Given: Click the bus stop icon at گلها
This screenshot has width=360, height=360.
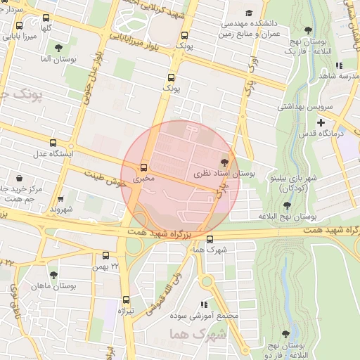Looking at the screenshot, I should [46, 18].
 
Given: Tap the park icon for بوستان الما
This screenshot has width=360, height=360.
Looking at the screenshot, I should [59, 49].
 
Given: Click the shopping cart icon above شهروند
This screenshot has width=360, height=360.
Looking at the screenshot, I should [60, 199].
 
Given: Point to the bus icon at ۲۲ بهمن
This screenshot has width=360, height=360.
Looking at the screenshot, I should [105, 256].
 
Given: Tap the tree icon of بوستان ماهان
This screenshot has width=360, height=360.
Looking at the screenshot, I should [54, 274].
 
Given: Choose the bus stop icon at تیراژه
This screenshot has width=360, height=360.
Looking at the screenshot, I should [126, 300].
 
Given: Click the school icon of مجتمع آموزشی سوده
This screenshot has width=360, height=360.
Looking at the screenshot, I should [204, 304].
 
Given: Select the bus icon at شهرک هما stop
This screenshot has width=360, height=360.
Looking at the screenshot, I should [210, 239].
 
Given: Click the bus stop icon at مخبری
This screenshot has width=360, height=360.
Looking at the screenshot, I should [143, 168].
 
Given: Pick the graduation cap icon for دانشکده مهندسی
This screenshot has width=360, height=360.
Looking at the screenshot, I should [248, 13].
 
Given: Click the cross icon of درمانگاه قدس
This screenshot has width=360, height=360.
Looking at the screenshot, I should [321, 122].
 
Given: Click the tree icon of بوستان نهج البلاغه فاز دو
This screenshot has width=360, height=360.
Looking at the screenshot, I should [285, 335].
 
